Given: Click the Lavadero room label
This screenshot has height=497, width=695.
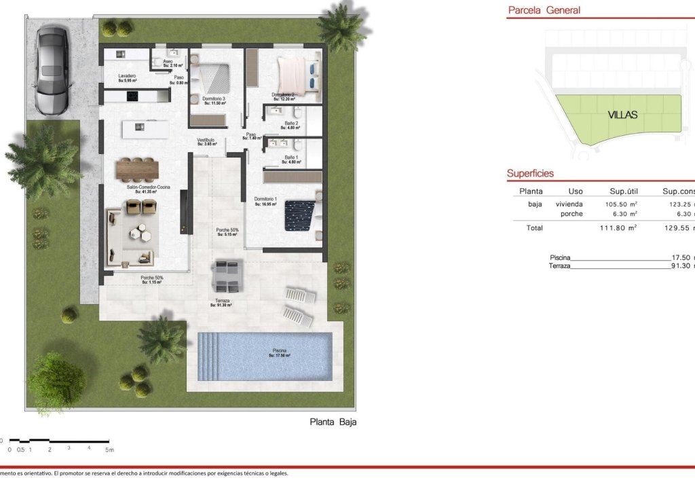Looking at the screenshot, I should [127, 76].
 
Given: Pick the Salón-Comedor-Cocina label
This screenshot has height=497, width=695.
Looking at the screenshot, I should [148, 187].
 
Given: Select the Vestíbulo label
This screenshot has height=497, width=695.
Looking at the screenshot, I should [206, 140].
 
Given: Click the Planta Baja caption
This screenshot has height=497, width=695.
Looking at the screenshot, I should [333, 422].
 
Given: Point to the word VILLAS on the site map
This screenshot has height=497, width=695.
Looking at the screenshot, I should [622, 115].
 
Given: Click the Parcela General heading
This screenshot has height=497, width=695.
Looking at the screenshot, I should [544, 10].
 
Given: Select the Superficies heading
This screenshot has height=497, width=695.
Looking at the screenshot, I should [530, 173].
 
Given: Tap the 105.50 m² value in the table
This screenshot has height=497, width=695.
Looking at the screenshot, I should [620, 204].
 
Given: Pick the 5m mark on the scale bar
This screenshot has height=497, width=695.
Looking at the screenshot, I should [109, 449].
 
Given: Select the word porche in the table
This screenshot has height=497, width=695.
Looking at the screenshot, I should [571, 214].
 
